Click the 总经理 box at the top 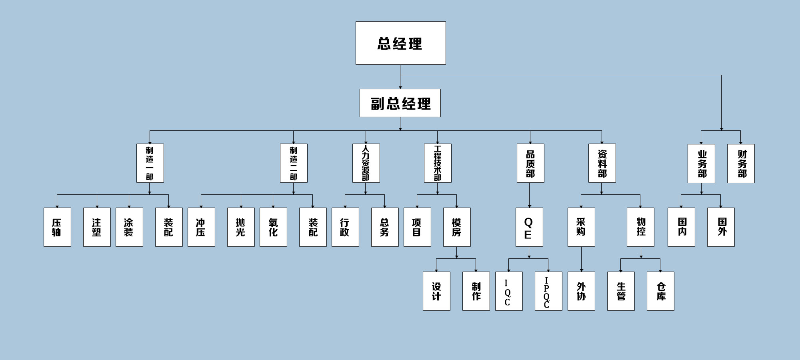tap(400, 43)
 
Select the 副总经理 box tap(400, 103)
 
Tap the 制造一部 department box tap(150, 163)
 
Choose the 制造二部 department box tap(294, 163)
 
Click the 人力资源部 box tap(366, 163)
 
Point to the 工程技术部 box tap(438, 163)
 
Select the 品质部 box tap(530, 163)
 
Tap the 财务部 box tap(741, 164)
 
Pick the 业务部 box tap(701, 164)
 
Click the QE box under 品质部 tap(529, 227)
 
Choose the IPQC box tap(548, 291)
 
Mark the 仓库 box tap(660, 291)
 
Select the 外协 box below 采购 tap(581, 291)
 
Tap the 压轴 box tap(57, 227)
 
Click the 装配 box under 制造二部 tap(313, 227)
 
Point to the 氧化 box tap(273, 227)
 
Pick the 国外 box tap(721, 227)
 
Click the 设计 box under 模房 tap(436, 291)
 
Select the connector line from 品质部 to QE tap(530, 195)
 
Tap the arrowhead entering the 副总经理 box tap(400, 87)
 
